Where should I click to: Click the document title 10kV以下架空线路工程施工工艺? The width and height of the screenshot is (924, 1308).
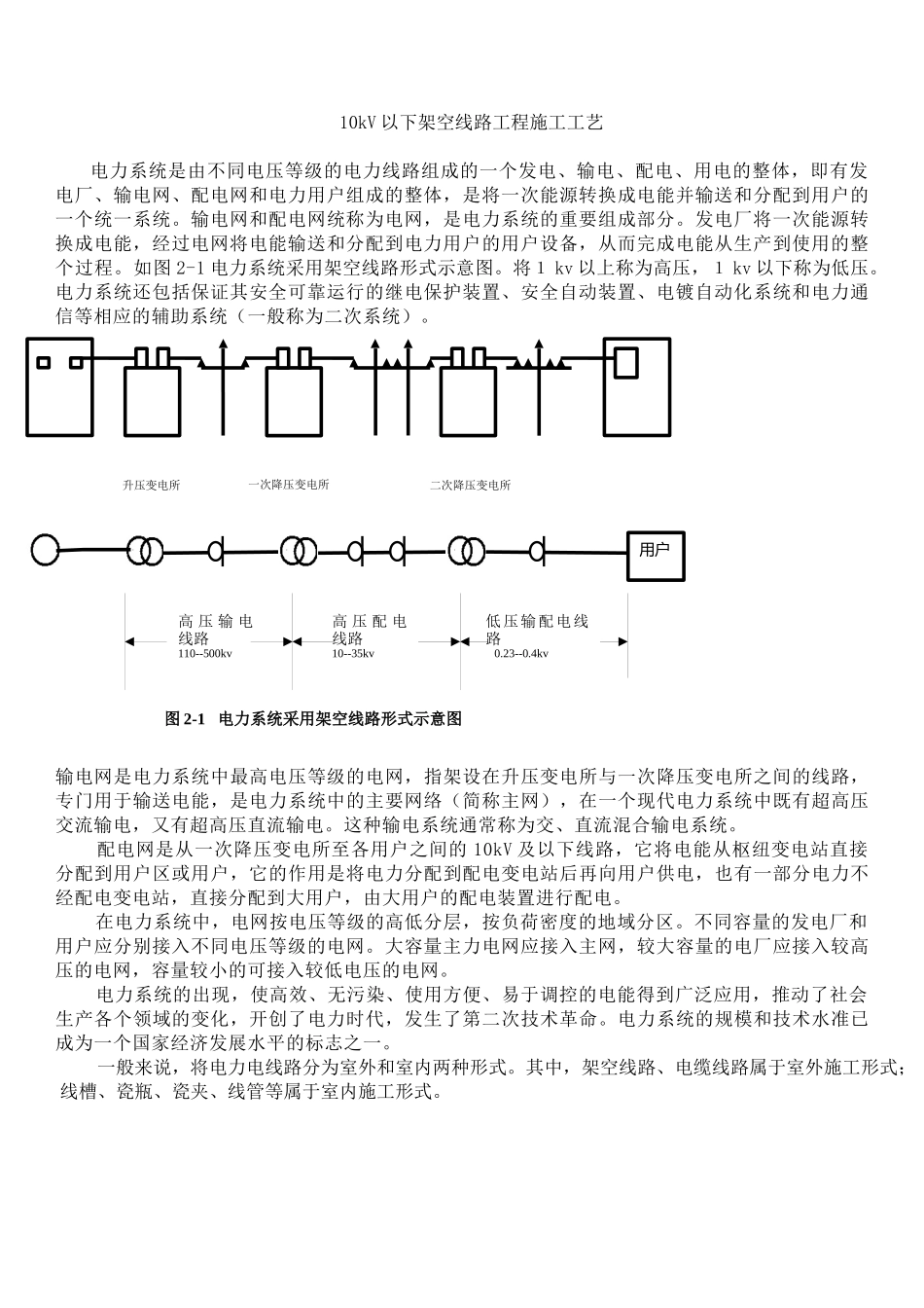471,123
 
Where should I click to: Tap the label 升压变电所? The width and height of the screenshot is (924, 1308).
151,485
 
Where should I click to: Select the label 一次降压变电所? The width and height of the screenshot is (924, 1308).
289,485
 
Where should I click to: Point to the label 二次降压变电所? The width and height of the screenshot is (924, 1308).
471,485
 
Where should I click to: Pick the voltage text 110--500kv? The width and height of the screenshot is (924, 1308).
204,654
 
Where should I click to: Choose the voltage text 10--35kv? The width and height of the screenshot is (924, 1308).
353,654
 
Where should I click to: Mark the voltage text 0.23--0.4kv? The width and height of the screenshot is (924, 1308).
521,654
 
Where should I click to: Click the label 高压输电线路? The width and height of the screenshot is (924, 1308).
215,630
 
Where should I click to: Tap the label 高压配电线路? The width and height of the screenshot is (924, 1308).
369,630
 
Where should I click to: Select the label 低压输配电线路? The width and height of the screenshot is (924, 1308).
537,630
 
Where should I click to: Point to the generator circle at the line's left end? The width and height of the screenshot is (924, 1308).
45,550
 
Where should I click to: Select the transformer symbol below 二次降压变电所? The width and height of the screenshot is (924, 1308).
465,551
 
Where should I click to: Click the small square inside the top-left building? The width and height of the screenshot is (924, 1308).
43,363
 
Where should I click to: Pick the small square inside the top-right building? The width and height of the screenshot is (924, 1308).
625,362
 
